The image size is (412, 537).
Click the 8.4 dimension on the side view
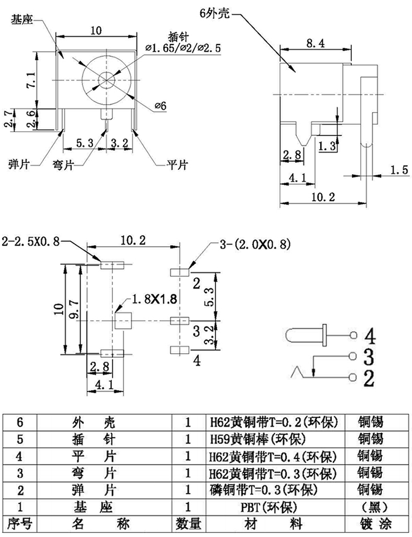point(315,42)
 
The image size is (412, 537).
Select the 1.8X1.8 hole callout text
point(155,299)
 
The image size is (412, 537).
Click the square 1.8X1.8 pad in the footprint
point(122,321)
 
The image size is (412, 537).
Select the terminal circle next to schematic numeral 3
point(352,356)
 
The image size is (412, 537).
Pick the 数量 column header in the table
point(188,524)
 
